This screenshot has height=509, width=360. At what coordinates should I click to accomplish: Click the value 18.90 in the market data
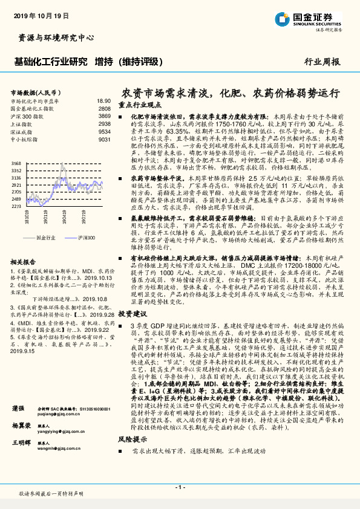pos(103,101)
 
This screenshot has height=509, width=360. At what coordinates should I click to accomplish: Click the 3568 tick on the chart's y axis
pos(16,164)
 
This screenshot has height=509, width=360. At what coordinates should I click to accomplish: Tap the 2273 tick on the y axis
pos(16,206)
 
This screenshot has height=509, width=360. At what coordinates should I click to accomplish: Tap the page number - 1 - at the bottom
pos(180,487)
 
